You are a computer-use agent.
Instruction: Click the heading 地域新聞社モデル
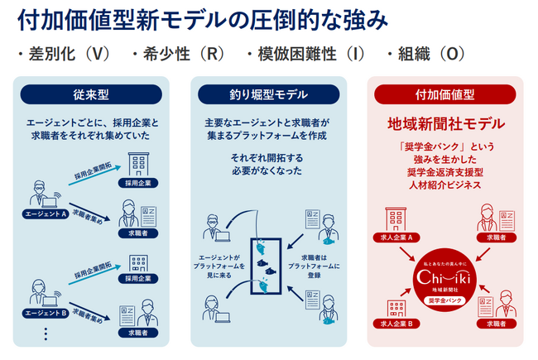point(445,125)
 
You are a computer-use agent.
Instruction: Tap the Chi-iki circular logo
point(445,278)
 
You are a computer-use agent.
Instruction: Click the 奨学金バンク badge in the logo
point(445,300)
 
